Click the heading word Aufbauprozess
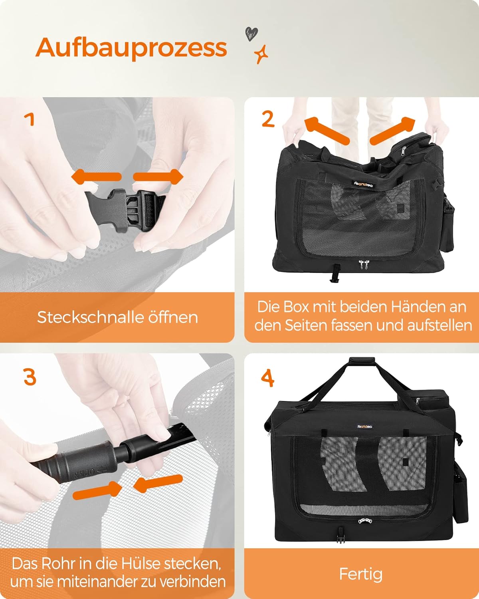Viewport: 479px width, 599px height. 131,48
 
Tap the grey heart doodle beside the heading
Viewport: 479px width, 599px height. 251,34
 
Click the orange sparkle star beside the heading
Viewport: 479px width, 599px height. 261,54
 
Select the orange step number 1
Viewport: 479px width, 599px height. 30,119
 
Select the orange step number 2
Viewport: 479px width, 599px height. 268,119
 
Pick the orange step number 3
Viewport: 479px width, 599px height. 30,377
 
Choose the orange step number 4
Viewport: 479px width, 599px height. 267,378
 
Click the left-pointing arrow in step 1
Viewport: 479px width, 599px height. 96,177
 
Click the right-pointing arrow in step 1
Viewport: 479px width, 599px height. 158,177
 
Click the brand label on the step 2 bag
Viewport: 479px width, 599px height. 364,184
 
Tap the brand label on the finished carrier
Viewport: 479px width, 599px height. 365,426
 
